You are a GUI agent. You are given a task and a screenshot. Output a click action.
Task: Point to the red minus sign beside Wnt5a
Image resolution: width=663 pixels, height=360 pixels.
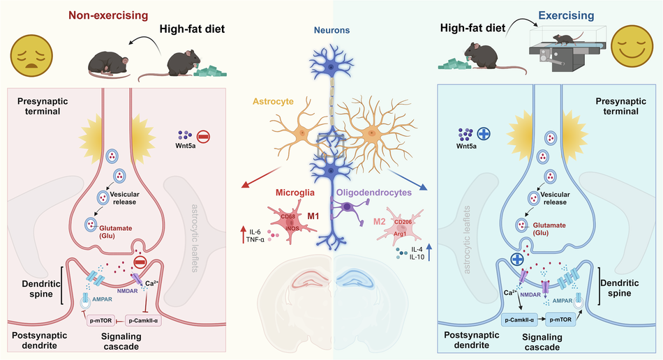coord(204,137)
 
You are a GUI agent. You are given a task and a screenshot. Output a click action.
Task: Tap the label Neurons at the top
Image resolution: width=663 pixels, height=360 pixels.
coord(333,31)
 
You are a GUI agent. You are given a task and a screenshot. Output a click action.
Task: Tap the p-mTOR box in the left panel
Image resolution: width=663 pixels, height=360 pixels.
coord(103,320)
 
